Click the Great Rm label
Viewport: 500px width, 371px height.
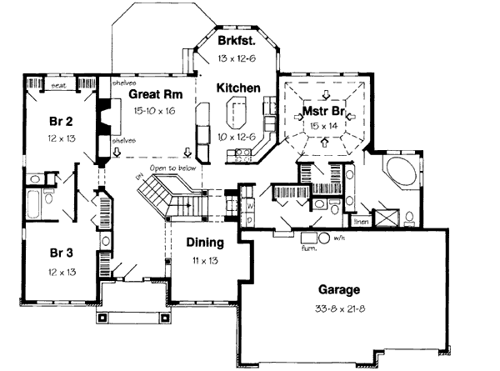(151, 95)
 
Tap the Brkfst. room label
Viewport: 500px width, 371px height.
(236, 41)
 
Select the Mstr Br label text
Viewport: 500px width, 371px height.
(317, 109)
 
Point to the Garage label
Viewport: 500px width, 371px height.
(339, 290)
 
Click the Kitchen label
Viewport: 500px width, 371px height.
(239, 88)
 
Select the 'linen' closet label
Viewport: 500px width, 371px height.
(361, 223)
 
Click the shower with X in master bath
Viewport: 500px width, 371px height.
(386, 218)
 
